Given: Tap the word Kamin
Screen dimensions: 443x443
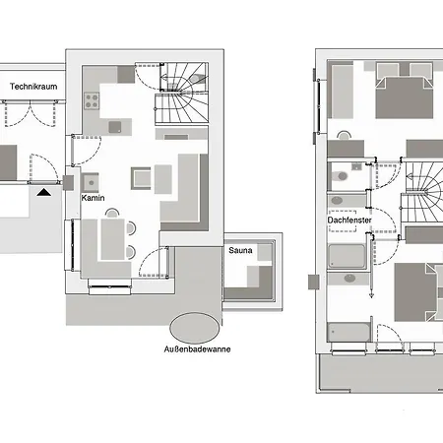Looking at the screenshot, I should (x=94, y=199).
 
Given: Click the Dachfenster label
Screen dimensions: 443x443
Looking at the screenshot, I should (x=349, y=221).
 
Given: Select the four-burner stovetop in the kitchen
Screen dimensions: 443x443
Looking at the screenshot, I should (x=93, y=99).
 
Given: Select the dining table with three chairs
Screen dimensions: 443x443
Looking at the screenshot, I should (x=114, y=237).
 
